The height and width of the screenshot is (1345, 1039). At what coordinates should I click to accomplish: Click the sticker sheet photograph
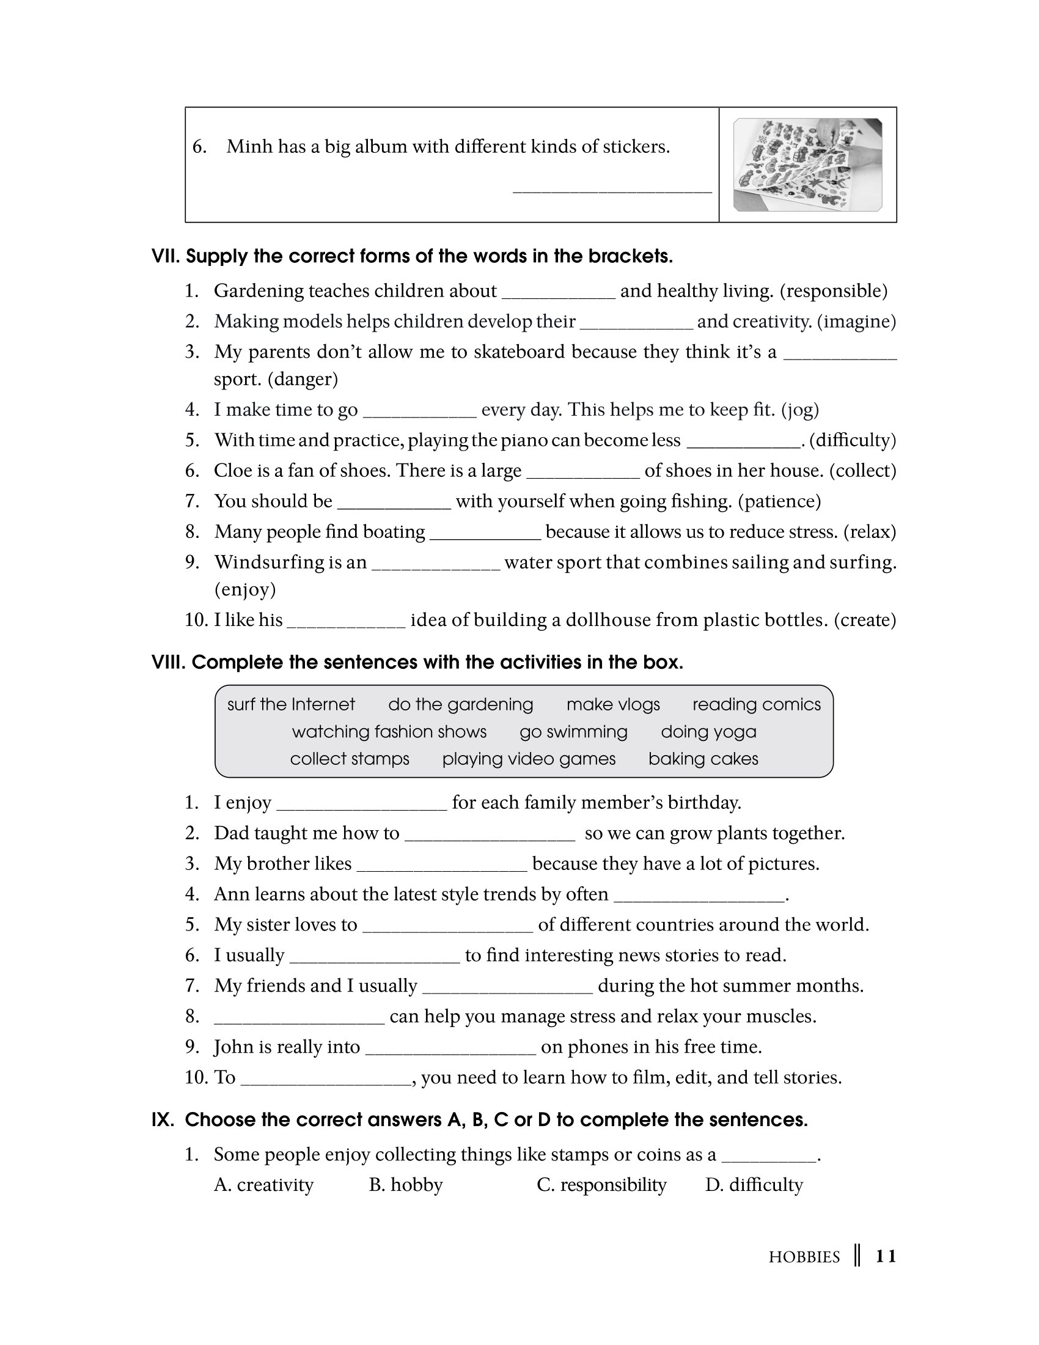pos(807,164)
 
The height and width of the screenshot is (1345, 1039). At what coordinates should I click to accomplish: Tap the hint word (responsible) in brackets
pos(834,290)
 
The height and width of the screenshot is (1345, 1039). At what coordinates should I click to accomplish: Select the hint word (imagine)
pos(856,322)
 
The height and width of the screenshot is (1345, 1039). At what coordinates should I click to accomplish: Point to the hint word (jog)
pos(799,410)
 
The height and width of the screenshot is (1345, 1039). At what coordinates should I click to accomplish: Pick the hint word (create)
pos(865,619)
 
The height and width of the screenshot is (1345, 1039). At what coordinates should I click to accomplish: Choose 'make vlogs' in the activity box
pos(613,704)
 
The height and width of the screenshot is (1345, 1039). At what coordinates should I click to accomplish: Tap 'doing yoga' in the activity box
pos(708,732)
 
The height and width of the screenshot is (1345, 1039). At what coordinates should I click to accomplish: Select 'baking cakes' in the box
pos(703,759)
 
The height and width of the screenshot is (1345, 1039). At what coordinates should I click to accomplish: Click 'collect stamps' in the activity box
pos(350,759)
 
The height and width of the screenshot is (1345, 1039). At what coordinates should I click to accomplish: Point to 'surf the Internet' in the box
pos(291,704)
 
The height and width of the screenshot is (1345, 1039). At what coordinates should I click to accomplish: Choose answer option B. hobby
pos(406,1185)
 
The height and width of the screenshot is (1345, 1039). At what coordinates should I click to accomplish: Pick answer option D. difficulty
pos(754,1185)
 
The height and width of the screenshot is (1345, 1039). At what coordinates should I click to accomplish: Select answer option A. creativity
pos(263,1185)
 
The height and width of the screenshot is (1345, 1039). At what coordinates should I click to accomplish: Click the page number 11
pos(886,1256)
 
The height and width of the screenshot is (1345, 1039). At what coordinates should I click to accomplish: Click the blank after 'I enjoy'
pos(362,804)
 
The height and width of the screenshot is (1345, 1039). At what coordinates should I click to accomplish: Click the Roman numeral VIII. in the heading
pos(168,663)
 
